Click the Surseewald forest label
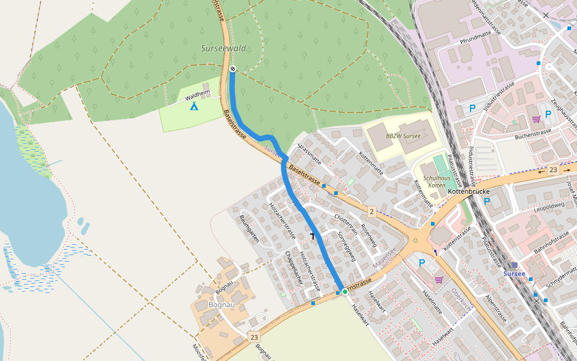[223, 48]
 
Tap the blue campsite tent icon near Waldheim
[194, 106]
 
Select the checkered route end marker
[232, 69]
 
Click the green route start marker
[344, 291]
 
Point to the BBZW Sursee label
[403, 136]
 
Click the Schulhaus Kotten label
[436, 182]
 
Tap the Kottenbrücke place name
[469, 191]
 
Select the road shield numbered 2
[372, 211]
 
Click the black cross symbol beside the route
[312, 235]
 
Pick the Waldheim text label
[198, 94]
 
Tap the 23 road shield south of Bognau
[254, 337]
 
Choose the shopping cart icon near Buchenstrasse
[536, 119]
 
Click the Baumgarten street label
[249, 229]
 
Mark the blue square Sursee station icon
[514, 265]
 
